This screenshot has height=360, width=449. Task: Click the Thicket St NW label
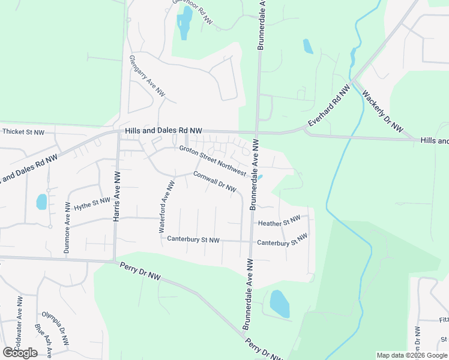coord(23,132)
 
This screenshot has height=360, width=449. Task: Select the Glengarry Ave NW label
coord(146,77)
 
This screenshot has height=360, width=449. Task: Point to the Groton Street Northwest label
coord(212,161)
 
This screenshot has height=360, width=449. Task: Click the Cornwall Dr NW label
coord(215,182)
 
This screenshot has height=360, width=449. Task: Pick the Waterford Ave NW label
coord(166,208)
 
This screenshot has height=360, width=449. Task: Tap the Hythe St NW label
coord(92,204)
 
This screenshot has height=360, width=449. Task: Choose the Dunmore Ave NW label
coord(67,235)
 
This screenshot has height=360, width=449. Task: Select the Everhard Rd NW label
coord(329,106)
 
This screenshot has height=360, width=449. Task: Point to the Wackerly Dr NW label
coord(382,112)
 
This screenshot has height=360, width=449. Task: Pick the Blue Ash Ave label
coord(43,340)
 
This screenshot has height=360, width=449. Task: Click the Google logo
coord(20,352)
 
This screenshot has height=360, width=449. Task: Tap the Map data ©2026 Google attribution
coord(411,355)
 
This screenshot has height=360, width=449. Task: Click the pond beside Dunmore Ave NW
coord(41,202)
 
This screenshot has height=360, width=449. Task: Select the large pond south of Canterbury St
coord(280,304)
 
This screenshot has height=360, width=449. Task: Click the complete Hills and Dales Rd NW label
coord(164,130)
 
